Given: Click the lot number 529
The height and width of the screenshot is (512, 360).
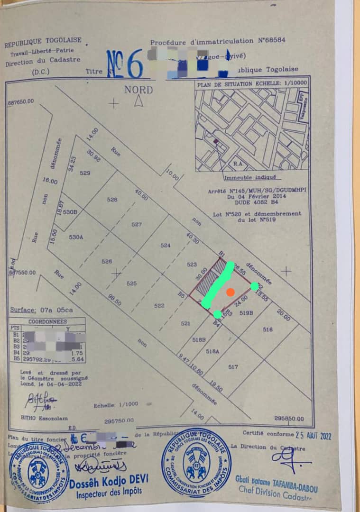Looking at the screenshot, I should (x=85, y=173).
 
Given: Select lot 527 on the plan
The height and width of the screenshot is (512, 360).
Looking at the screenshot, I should (x=137, y=224).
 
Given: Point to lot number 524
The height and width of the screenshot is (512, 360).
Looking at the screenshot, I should (x=165, y=246).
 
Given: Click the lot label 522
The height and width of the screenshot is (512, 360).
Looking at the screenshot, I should (x=159, y=306).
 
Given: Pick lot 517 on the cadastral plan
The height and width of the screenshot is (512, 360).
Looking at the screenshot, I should (x=232, y=366).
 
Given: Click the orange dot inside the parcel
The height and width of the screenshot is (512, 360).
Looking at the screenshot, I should (x=230, y=292).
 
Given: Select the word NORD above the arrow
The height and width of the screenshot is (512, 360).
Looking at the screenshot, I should (x=138, y=90).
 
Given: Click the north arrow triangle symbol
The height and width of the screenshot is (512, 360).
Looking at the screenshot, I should (x=138, y=101).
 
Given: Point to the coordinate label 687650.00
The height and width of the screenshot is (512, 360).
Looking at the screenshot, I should (x=20, y=101).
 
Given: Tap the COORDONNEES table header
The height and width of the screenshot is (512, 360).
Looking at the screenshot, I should (x=47, y=320).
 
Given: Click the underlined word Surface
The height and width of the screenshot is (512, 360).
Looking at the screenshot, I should (x=23, y=310).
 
